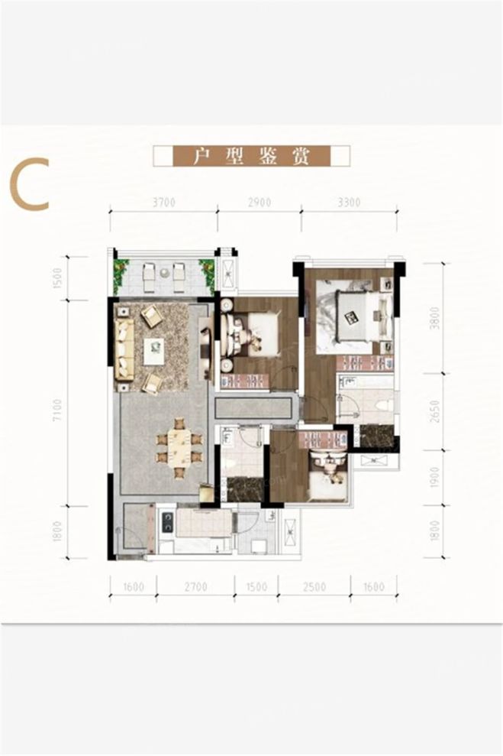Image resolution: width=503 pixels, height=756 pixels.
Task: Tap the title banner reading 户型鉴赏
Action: tap(251, 156)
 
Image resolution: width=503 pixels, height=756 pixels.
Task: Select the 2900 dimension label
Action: tap(259, 203)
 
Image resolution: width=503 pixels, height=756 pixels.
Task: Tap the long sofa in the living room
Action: tap(124, 349)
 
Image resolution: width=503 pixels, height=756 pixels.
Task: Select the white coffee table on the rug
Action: tap(156, 346)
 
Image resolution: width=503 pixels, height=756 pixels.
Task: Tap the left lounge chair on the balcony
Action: tap(150, 271)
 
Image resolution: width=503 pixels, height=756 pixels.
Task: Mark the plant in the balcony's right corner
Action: tap(206, 270)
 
